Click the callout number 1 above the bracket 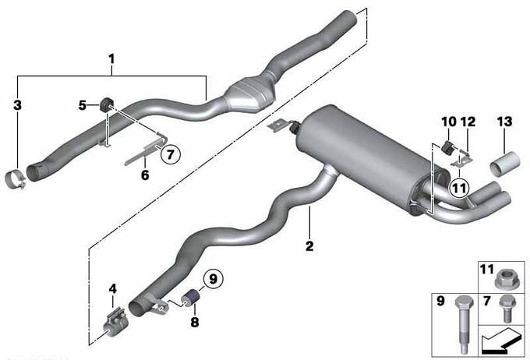[111, 59]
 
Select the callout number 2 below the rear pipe [309, 245]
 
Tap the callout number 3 [17, 104]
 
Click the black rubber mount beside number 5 [106, 104]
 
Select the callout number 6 [145, 175]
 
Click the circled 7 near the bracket [171, 154]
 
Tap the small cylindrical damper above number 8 [190, 298]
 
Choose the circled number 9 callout [214, 279]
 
